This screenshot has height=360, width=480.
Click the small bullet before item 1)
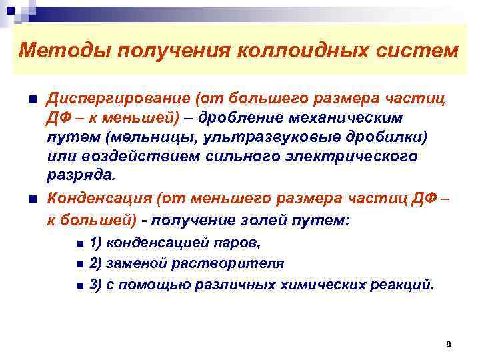[x=80, y=243]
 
